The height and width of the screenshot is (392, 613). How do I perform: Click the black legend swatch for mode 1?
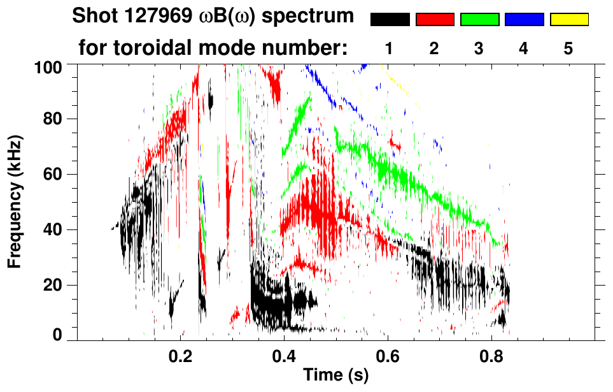[390, 20]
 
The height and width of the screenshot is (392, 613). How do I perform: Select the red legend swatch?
[435, 20]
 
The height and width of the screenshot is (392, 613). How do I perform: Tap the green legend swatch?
[479, 20]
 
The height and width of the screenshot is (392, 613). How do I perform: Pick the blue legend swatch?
[524, 20]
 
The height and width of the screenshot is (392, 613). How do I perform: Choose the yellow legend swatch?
[568, 20]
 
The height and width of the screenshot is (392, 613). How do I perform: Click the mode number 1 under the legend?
[390, 48]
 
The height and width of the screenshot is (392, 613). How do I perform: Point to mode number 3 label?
[479, 48]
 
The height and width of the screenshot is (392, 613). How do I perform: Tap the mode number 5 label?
[568, 48]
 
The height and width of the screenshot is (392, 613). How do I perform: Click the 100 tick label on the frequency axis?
[49, 66]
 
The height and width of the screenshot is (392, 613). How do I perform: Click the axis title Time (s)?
[335, 375]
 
